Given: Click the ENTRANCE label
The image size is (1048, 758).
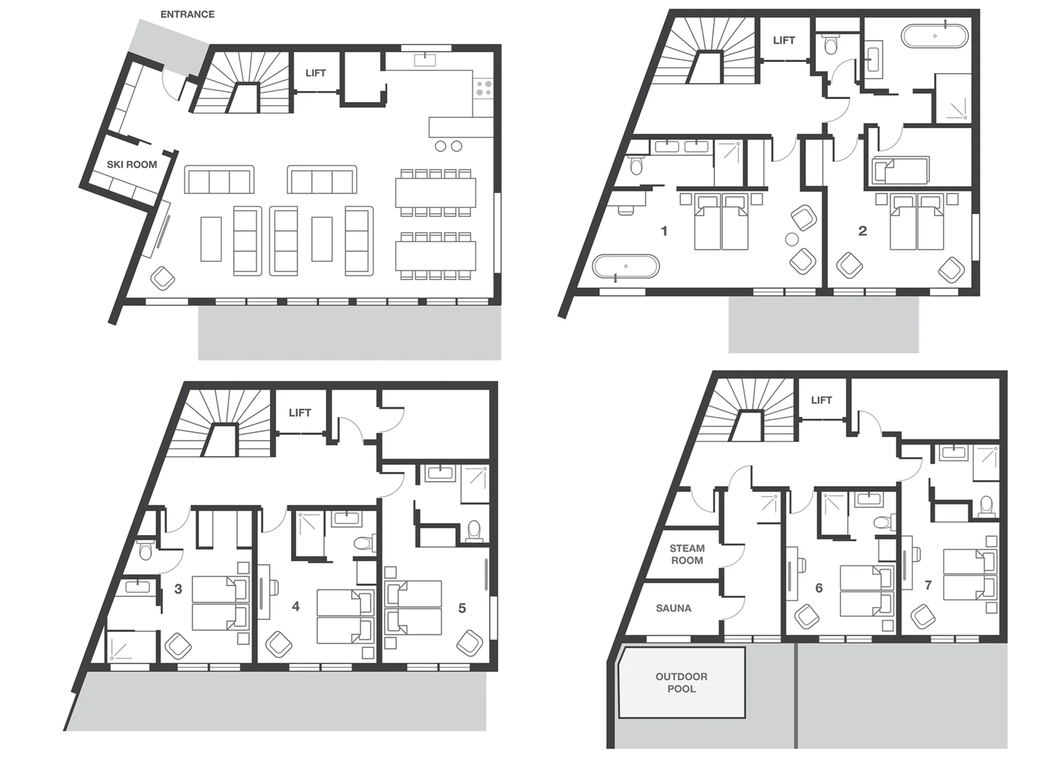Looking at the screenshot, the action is (x=187, y=14).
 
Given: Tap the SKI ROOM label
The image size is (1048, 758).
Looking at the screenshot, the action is (x=132, y=164).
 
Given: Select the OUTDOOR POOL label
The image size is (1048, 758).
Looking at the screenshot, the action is (x=681, y=682).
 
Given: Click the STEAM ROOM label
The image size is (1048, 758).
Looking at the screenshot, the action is (x=687, y=554).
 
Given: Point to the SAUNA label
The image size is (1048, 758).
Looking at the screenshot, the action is (x=674, y=608).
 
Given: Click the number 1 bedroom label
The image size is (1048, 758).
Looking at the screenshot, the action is (x=664, y=231).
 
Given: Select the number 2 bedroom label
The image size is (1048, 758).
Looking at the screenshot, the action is (x=862, y=231).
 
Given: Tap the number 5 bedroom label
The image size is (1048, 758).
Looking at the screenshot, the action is (x=462, y=608).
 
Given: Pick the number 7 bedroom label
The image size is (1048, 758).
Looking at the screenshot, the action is (x=928, y=585).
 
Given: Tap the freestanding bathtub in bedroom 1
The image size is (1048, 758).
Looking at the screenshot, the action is (x=626, y=267).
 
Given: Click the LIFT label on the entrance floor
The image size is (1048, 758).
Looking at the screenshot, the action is (x=315, y=73).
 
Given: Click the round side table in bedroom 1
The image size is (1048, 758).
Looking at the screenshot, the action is (x=791, y=239).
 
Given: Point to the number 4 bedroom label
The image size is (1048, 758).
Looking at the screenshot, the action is (x=295, y=606).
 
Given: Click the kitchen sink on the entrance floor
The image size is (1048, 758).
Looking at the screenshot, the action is (x=425, y=59).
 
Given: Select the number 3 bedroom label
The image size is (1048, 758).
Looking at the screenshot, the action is (x=178, y=589).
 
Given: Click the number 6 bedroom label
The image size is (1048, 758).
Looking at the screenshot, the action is (x=819, y=588).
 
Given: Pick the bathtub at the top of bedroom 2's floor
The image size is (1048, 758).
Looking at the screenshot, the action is (x=934, y=36).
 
